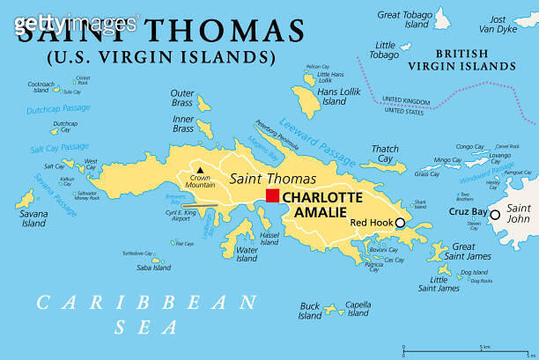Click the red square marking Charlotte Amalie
[273, 195]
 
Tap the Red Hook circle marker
[400, 224]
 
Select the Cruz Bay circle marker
[495, 214]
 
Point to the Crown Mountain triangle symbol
[201, 170]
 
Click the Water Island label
[247, 253]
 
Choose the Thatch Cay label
[385, 153]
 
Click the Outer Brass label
[182, 98]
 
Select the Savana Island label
[33, 218]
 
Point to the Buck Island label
[310, 311]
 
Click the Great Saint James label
[463, 252]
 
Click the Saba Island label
[155, 268]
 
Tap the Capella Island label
[358, 309]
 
